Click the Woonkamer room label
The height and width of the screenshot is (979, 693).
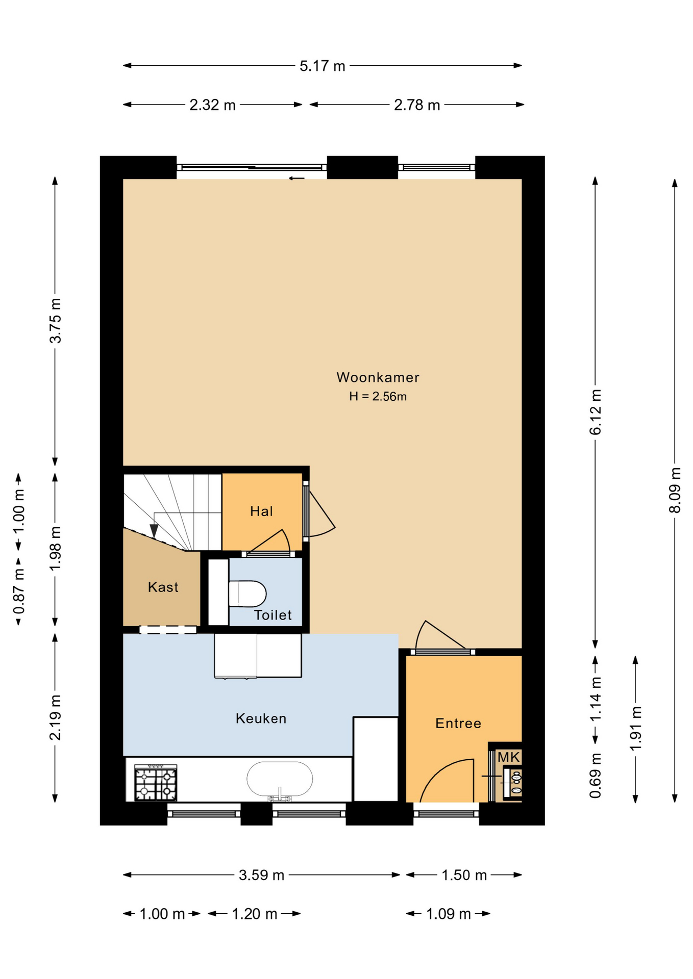click(378, 377)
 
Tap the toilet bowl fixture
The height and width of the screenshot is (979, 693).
click(247, 594)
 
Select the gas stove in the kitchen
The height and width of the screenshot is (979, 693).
click(156, 782)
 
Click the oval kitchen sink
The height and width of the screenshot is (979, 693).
click(280, 779)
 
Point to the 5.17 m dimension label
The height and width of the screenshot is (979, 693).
click(323, 66)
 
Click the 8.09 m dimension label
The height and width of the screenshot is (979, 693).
click(675, 490)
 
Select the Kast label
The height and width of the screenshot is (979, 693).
click(163, 587)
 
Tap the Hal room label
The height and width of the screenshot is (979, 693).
click(261, 511)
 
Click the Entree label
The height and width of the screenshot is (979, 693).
click(458, 723)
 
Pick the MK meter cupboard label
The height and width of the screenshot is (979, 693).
click(508, 757)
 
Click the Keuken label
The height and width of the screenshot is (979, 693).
click(261, 718)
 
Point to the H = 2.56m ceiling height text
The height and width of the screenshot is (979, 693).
click(378, 396)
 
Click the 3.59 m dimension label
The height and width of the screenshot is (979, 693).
click(261, 875)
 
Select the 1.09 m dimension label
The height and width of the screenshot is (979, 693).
click(448, 914)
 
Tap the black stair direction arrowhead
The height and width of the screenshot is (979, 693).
click(154, 531)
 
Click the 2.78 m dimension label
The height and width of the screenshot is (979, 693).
click(417, 105)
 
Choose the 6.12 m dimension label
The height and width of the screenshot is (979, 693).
click(596, 412)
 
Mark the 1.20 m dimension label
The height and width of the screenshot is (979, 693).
click(254, 914)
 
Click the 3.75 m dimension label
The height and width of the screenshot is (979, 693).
click(55, 321)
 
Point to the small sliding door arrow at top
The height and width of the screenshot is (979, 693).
click(296, 178)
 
